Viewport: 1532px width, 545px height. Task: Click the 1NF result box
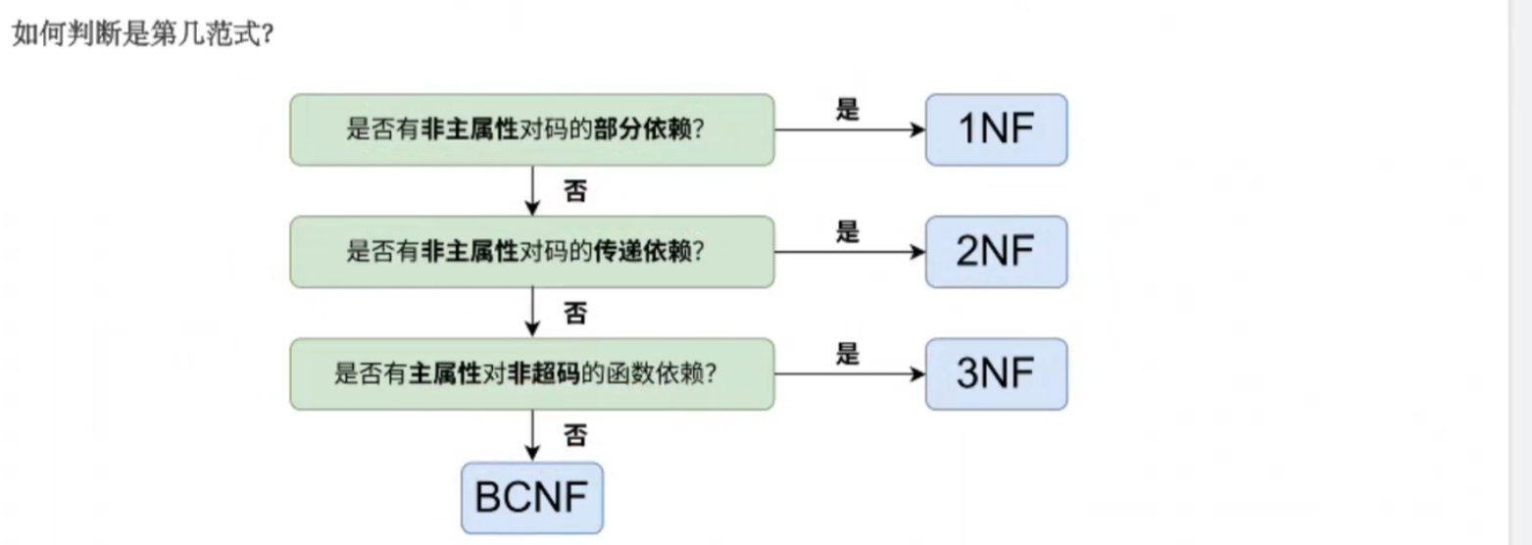[997, 130]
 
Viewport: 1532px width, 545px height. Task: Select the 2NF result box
[997, 252]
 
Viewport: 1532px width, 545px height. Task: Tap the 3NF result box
[997, 374]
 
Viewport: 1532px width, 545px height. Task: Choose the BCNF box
[532, 498]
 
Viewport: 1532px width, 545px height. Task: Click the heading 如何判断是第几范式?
[144, 33]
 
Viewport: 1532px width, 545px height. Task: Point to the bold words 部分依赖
[643, 129]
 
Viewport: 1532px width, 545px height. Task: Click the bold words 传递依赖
[643, 252]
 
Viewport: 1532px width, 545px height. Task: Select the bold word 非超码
[544, 374]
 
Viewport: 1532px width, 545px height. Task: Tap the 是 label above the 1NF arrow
[848, 110]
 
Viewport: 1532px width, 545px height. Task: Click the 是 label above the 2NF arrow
[848, 231]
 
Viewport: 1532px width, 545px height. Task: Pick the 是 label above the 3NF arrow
[848, 354]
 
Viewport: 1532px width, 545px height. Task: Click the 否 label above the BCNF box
[575, 435]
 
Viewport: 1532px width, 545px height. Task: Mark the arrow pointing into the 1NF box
[850, 130]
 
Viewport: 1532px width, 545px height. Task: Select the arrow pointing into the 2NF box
[850, 252]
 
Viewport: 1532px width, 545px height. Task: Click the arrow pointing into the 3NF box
[850, 374]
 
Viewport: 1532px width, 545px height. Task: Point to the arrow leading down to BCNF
[532, 436]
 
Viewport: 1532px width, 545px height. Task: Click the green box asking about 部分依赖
[532, 130]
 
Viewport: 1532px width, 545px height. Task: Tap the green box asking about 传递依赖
[532, 252]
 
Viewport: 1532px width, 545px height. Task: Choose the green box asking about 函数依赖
[532, 374]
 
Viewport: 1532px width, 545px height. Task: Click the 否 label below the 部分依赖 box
[575, 191]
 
